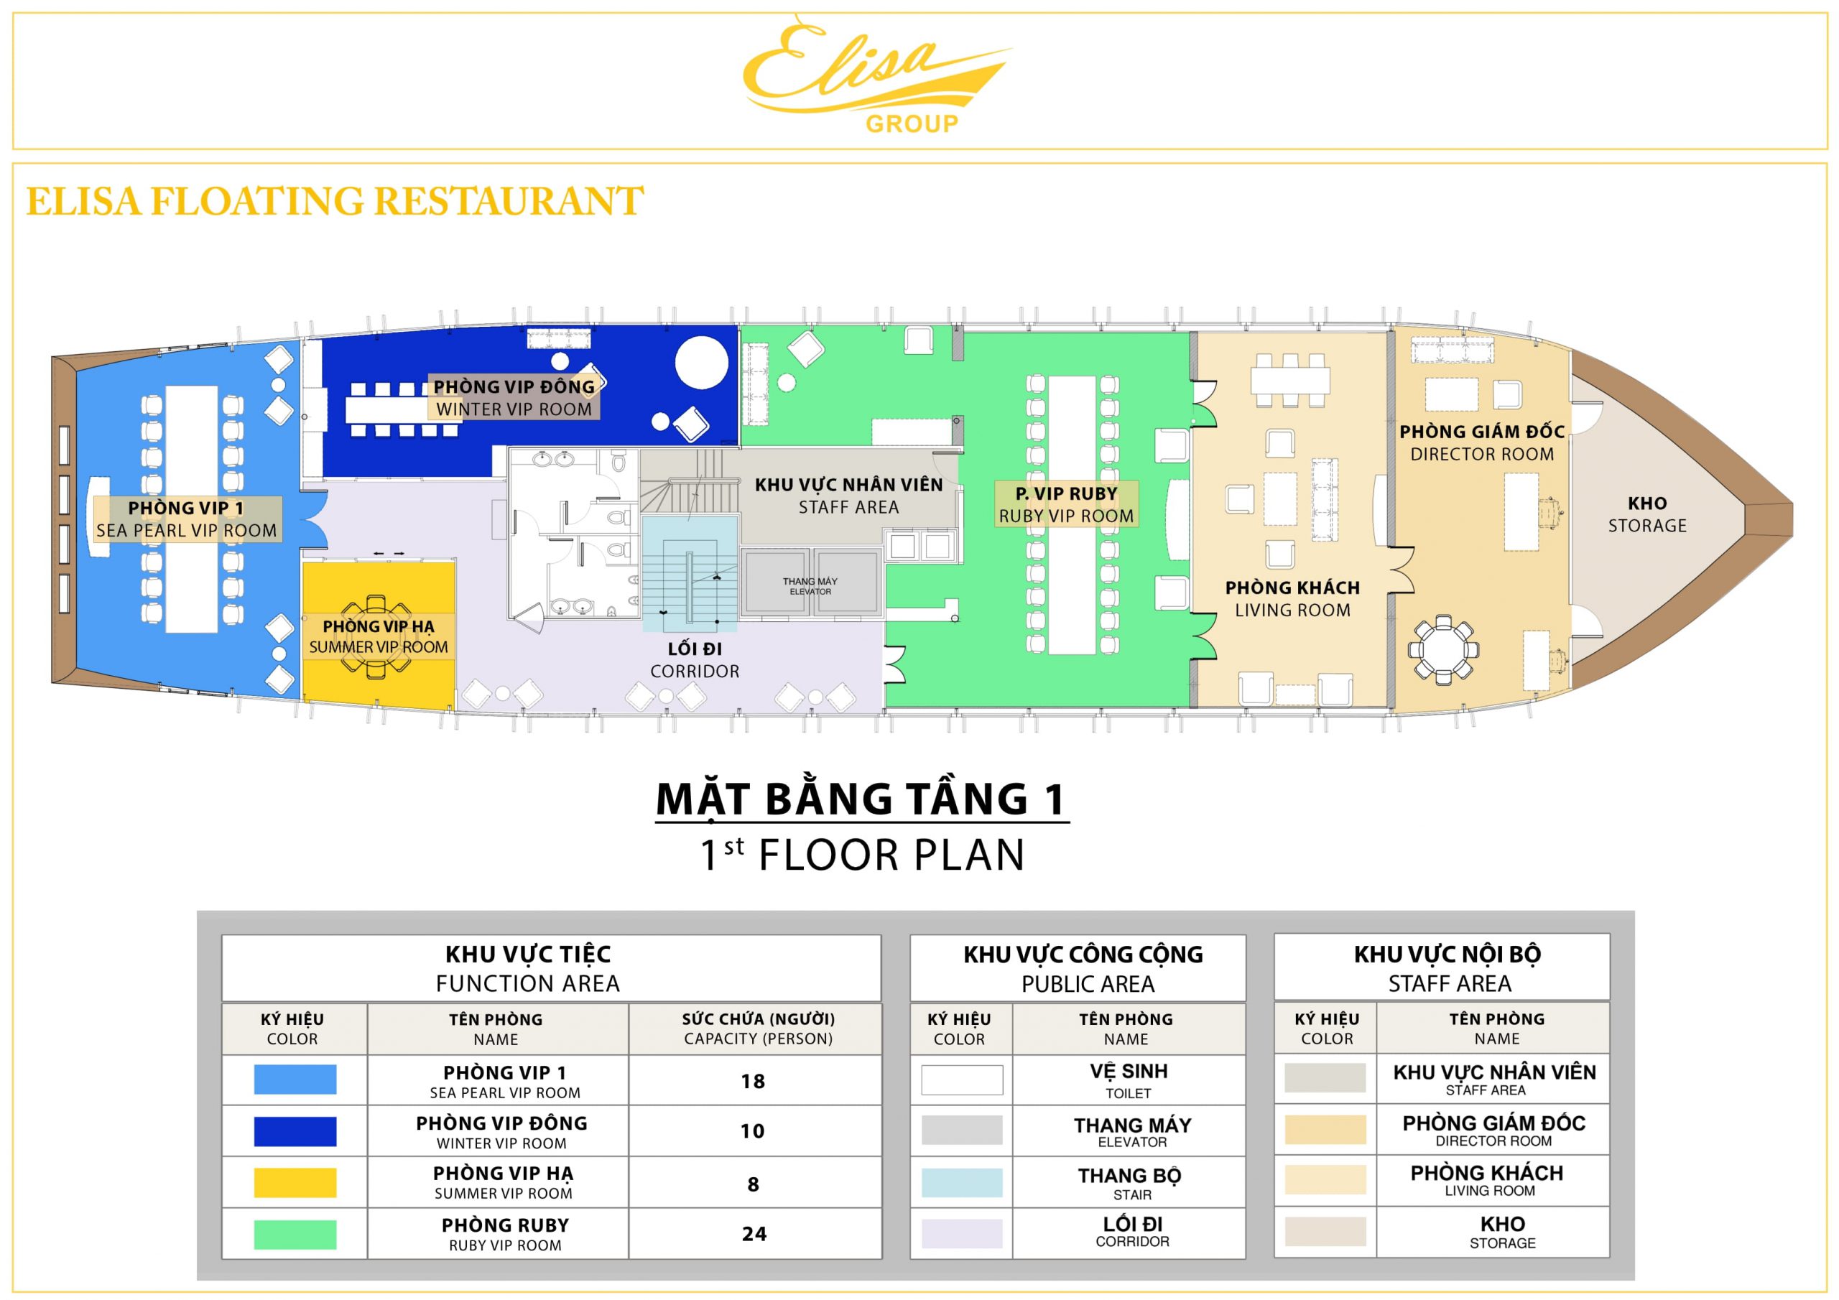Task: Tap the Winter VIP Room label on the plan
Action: (514, 397)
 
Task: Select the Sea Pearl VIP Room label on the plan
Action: (187, 519)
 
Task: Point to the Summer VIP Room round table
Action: (377, 637)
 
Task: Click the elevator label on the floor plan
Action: (810, 586)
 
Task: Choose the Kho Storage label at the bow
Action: (1646, 514)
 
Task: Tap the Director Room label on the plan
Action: (1482, 443)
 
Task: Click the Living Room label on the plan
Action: (1292, 598)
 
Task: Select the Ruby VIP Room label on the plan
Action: (1066, 505)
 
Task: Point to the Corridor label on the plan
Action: (695, 660)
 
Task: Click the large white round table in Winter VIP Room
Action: (702, 363)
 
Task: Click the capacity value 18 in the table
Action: (753, 1082)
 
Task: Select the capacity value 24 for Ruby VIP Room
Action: (754, 1233)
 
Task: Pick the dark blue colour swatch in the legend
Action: (295, 1131)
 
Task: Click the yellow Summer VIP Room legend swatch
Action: (295, 1182)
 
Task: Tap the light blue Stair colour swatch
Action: (962, 1182)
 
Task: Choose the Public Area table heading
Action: (1083, 968)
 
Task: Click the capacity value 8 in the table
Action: (753, 1184)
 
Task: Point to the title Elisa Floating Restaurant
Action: (335, 201)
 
